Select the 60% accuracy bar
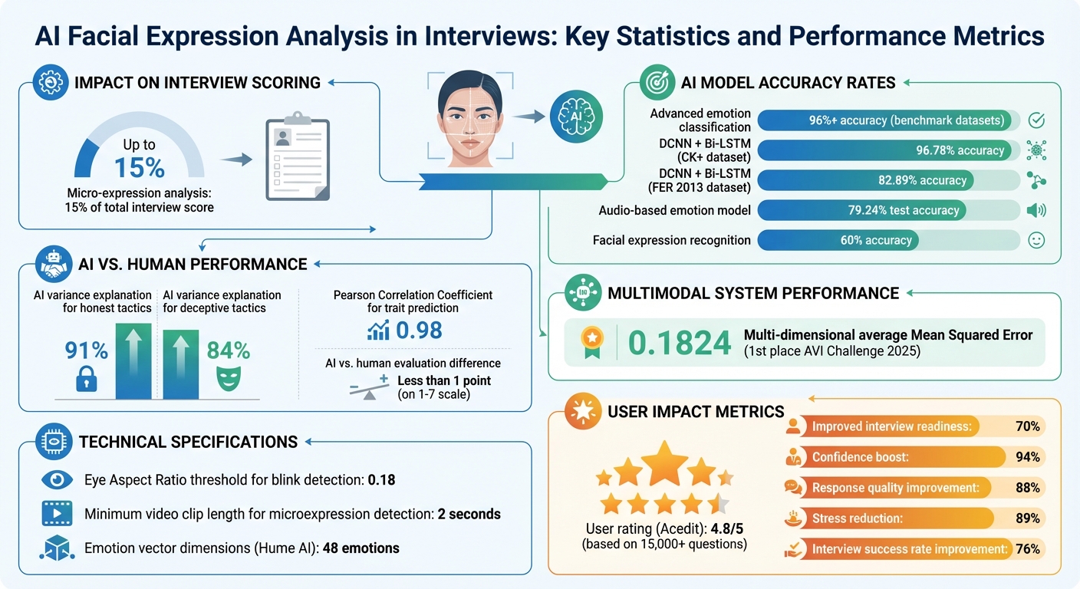[838, 240]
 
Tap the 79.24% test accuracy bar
[861, 210]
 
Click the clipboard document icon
[297, 160]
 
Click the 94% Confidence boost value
[1026, 457]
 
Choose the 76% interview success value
[1026, 549]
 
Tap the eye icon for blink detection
[57, 481]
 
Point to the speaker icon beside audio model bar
[1036, 210]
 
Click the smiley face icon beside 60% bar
[1036, 240]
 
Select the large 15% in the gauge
[139, 168]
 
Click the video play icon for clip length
[57, 514]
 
